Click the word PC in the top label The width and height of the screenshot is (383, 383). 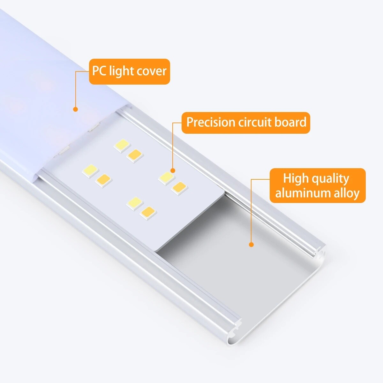coord(100,71)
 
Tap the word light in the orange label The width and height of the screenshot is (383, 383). coord(122,71)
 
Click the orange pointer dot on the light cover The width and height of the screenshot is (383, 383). coord(76,109)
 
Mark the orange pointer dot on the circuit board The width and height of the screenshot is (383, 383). coord(173,170)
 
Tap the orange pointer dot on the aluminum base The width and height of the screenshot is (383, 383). coord(251,245)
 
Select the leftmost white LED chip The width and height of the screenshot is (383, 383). coord(90,170)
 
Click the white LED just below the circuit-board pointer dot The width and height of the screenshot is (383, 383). coord(166,177)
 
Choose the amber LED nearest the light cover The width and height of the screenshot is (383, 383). coord(134,155)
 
